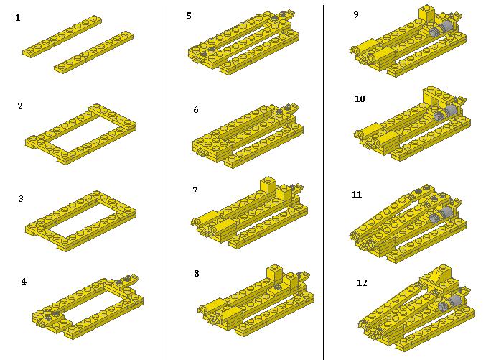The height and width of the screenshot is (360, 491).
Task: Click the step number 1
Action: coord(18,18)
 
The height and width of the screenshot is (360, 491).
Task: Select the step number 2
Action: coord(20,106)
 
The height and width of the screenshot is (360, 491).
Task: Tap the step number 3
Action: coord(21,198)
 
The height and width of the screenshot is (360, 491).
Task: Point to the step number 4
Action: coord(24,281)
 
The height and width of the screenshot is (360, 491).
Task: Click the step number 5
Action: coord(189,15)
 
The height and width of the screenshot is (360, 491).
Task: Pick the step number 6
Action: coord(196,109)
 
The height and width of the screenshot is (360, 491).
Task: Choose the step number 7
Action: coord(195,190)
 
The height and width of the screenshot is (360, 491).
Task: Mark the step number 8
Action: coord(197,274)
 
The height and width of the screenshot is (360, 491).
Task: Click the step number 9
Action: coord(356,14)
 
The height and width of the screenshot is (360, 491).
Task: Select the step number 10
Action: coord(360,98)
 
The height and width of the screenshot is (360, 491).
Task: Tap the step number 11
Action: coord(357,195)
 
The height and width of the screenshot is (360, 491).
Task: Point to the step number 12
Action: coord(362,283)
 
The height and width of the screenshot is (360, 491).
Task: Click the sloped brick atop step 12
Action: coord(438,275)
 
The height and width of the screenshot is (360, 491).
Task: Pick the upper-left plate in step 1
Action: coord(62,37)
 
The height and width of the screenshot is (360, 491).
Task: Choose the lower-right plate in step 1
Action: coord(93,52)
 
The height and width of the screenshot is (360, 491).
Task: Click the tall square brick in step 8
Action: coord(275,274)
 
